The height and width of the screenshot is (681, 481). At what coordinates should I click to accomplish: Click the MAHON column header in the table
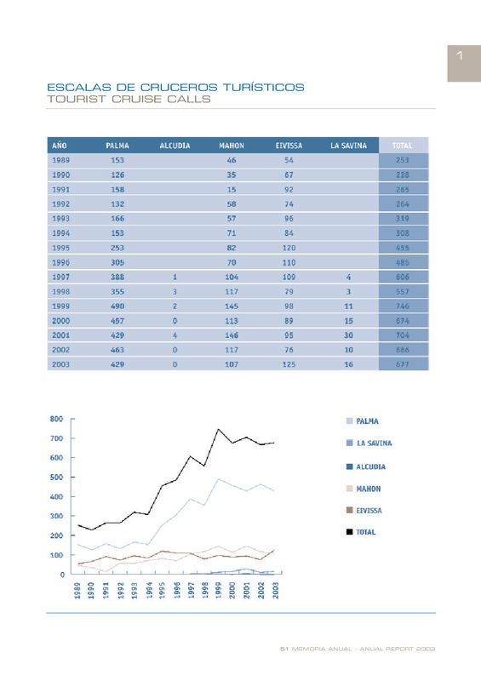pos(232,146)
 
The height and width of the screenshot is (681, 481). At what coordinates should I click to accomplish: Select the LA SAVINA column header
pos(348,146)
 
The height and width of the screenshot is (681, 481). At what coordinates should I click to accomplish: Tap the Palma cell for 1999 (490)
pos(117,306)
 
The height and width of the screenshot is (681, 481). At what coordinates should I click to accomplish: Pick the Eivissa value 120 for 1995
pos(289,248)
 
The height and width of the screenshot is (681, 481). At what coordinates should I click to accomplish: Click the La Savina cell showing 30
pos(348,335)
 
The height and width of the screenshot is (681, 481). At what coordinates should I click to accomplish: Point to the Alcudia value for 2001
pos(175,335)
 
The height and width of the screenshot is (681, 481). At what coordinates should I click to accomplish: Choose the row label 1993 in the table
pos(60,219)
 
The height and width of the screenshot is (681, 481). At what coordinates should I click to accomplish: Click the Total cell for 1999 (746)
pos(403,306)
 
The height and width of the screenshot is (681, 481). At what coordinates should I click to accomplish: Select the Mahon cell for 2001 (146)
pos(232,335)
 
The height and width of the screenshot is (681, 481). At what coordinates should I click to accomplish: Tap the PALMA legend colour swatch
pos(349,421)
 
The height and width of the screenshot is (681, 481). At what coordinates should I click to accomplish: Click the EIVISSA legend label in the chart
pos(369,510)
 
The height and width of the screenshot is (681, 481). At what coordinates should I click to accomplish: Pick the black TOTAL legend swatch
pos(349,531)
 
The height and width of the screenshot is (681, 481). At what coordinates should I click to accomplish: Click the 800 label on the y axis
pos(56,419)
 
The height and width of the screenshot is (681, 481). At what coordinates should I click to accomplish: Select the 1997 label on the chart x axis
pos(191,590)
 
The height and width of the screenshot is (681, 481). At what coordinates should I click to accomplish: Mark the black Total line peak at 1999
pos(218,430)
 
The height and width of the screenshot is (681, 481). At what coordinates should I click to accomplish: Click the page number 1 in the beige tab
pos(460,55)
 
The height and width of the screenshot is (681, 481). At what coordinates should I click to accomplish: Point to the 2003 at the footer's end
pos(426,649)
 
